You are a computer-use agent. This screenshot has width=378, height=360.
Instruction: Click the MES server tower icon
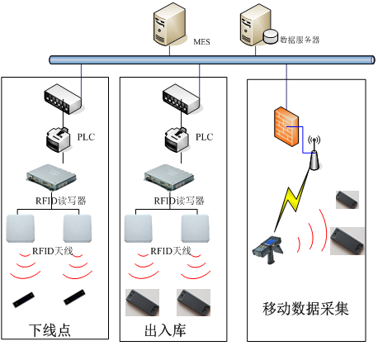[x=168, y=26]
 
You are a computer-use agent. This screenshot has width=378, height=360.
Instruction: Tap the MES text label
[x=201, y=40]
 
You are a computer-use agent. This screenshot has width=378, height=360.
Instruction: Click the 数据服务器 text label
[x=300, y=39]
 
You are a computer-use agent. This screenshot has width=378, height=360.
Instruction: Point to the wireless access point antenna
[x=314, y=154]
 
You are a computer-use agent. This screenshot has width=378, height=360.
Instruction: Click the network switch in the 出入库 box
[x=182, y=100]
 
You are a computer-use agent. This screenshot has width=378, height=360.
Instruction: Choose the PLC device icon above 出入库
[x=177, y=138]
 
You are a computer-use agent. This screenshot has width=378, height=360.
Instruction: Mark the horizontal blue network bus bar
[x=206, y=59]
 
